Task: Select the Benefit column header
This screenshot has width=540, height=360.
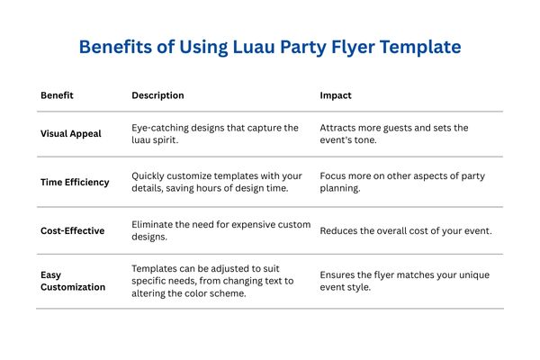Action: [57, 94]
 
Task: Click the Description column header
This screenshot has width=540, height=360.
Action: [157, 94]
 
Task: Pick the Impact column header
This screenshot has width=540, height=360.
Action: [336, 94]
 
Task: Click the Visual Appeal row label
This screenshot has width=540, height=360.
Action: [71, 133]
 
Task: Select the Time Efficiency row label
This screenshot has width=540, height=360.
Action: [75, 182]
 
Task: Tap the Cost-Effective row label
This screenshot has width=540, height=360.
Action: [73, 230]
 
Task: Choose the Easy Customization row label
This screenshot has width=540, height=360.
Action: [72, 281]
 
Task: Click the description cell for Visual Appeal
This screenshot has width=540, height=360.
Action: [215, 133]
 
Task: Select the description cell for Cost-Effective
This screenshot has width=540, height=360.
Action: [220, 230]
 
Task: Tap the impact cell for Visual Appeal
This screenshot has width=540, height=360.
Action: [394, 133]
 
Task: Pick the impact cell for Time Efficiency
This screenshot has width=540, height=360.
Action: [400, 182]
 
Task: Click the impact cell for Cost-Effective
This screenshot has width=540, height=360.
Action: [406, 230]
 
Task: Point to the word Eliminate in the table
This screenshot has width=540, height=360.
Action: [154, 224]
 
